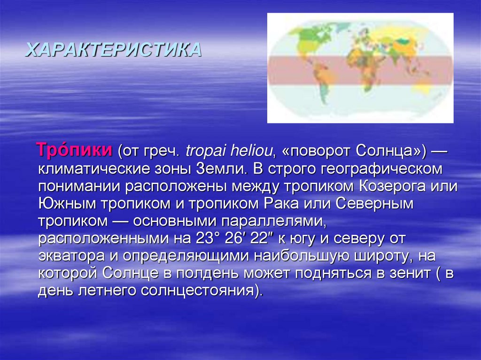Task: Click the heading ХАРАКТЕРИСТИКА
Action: [x=113, y=49]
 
